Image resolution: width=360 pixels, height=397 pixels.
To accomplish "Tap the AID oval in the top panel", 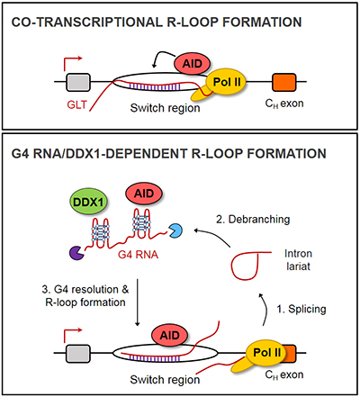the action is (x=192, y=64).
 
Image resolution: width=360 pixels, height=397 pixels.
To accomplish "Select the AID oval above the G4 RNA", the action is (x=144, y=194).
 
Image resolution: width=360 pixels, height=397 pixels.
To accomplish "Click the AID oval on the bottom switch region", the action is (x=170, y=335).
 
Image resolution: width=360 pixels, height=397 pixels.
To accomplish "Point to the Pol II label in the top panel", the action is (x=227, y=82).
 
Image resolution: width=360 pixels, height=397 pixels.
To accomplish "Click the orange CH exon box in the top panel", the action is (x=283, y=82).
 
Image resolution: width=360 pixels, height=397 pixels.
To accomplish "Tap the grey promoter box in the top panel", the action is (x=78, y=82).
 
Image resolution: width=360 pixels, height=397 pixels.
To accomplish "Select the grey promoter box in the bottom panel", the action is (x=78, y=354).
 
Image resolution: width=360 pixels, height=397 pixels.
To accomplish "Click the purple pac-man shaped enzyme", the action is (x=76, y=253).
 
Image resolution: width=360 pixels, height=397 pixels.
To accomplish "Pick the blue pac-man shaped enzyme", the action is (x=175, y=231).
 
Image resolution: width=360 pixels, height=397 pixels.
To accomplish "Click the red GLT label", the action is (x=76, y=104).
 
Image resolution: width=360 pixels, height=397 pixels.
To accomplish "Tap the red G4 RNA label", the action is (x=138, y=255).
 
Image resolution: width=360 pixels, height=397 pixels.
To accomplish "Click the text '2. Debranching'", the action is (x=253, y=220).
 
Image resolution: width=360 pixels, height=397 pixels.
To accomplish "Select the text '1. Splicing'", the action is (x=301, y=309).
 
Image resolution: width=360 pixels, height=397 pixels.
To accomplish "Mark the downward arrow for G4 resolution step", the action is (x=138, y=302).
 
